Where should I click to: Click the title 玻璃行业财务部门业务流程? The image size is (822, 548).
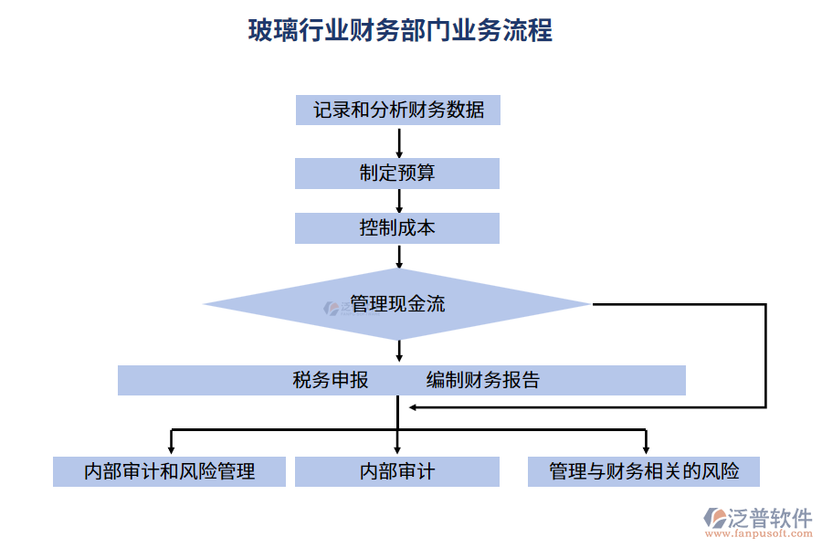[x=400, y=30]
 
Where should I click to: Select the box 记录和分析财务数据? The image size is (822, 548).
[x=397, y=111]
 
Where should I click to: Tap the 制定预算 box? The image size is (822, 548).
[x=397, y=174]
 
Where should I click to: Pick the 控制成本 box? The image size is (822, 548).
[x=397, y=228]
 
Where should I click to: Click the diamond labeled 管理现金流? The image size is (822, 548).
[x=397, y=304]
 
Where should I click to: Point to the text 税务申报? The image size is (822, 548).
[x=331, y=380]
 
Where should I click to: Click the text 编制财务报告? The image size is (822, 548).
[x=483, y=380]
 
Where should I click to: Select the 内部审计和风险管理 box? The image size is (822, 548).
[x=169, y=471]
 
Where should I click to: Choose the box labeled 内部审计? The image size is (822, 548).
[x=397, y=471]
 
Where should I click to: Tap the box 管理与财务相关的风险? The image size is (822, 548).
[x=644, y=471]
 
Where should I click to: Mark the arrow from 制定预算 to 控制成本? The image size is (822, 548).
[x=399, y=201]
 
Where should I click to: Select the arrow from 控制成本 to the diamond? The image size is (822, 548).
[x=399, y=256]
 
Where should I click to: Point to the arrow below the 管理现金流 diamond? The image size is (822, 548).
[x=399, y=351]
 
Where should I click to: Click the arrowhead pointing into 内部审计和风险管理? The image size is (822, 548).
[x=171, y=448]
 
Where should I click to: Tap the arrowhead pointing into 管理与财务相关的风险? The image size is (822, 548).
[x=646, y=448]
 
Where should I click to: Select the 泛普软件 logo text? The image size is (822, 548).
[x=769, y=518]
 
